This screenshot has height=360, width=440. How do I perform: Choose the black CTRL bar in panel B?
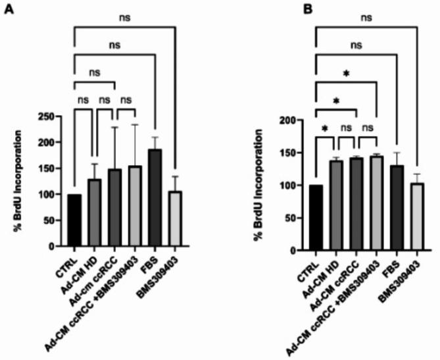click(x=316, y=218)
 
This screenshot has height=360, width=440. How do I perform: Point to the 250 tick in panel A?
click(x=53, y=116)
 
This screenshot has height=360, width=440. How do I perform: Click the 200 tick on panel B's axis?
click(x=293, y=120)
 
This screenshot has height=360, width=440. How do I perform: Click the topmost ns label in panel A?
click(x=124, y=20)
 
